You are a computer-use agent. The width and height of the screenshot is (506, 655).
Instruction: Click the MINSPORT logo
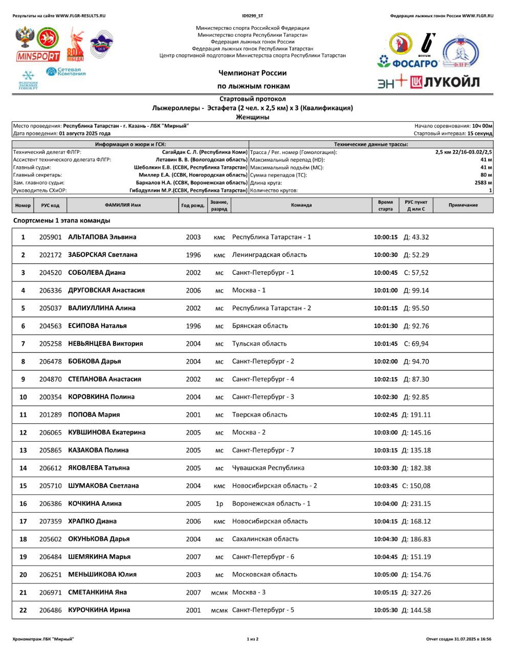pyautogui.click(x=38, y=56)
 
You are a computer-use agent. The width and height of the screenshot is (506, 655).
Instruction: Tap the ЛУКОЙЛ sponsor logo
pyautogui.click(x=445, y=82)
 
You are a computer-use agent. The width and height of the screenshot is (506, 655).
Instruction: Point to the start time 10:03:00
pyautogui.click(x=385, y=432)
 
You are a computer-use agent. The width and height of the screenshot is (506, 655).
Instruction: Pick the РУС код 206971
pyautogui.click(x=50, y=592)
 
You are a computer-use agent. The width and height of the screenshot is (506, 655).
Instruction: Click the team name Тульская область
pyautogui.click(x=259, y=343)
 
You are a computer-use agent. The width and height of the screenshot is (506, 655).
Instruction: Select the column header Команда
pyautogui.click(x=301, y=205)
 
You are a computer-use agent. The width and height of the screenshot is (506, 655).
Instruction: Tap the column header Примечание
pyautogui.click(x=463, y=205)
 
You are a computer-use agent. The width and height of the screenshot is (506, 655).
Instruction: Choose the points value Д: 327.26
pyautogui.click(x=416, y=592)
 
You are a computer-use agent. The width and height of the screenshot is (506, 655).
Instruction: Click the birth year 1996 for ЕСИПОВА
pyautogui.click(x=193, y=325)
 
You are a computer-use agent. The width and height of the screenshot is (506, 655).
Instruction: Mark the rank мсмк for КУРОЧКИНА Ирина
pyautogui.click(x=219, y=610)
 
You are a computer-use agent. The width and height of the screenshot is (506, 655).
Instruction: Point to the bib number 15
pyautogui.click(x=23, y=486)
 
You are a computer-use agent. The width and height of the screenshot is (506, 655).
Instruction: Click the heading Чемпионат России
pyautogui.click(x=253, y=73)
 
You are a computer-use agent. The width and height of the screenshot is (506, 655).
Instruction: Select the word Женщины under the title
pyautogui.click(x=253, y=117)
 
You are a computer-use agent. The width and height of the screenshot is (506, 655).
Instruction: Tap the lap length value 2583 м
pyautogui.click(x=483, y=183)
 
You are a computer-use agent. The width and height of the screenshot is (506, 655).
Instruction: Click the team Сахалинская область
pyautogui.click(x=265, y=539)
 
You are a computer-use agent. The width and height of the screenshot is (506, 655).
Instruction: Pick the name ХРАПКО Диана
pyautogui.click(x=92, y=521)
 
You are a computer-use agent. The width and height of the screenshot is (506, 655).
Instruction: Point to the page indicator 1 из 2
pyautogui.click(x=253, y=639)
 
